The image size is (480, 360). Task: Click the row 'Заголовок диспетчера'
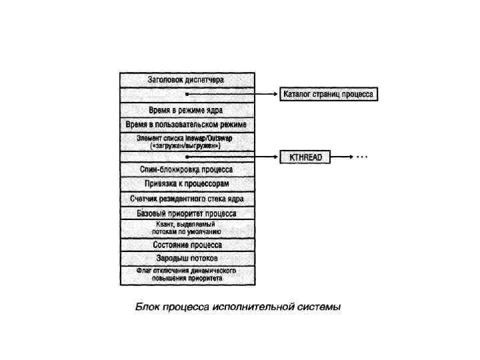pos(186,79)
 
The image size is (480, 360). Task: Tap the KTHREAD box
pos(305,157)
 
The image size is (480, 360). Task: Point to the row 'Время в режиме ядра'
pos(186,110)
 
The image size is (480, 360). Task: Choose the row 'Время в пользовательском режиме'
pos(186,125)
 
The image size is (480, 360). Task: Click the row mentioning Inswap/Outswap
pos(186,141)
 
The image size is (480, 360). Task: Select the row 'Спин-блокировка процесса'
pos(186,170)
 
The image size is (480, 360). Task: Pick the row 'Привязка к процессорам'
pos(186,183)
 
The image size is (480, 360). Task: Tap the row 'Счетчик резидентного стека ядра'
pos(186,199)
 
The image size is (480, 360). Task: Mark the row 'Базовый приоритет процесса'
pos(186,214)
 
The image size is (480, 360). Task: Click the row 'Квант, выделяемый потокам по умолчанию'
pos(186,229)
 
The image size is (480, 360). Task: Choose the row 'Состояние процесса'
pos(186,245)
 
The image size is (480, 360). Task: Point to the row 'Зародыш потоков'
pos(186,258)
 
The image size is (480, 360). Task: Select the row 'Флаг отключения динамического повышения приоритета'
pos(186,275)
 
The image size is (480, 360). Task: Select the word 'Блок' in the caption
pos(147,307)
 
